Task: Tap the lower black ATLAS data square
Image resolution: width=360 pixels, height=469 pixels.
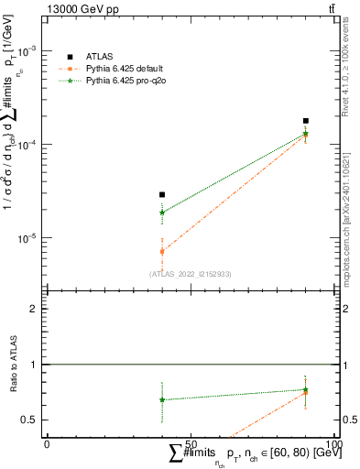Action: coord(162,194)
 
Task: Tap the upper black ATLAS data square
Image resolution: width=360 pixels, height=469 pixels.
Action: coord(306,121)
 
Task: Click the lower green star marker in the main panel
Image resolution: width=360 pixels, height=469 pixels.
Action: coord(162,213)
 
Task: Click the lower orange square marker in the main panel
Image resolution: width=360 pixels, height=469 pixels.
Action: coord(162,251)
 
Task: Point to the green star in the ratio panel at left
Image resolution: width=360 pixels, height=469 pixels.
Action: coord(162,399)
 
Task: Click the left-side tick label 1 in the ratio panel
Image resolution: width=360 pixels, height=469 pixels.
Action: coord(34,365)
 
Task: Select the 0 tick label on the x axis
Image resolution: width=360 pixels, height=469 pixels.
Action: coord(47,444)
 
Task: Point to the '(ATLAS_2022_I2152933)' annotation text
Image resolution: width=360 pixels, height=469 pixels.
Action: coord(190,274)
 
